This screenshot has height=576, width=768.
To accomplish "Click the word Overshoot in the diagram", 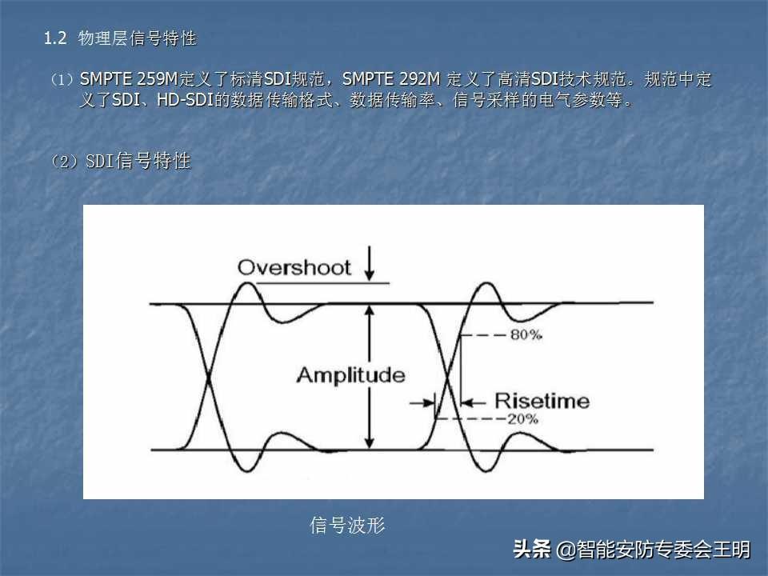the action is [x=294, y=267].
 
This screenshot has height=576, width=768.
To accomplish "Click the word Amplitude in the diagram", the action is [x=350, y=375].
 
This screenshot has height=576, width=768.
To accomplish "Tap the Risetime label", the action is [x=542, y=401].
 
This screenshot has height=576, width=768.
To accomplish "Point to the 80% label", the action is [x=526, y=334].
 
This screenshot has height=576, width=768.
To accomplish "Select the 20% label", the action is [x=522, y=418].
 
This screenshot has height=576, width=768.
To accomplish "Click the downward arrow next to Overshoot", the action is [x=370, y=263].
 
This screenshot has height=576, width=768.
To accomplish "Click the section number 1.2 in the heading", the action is [x=55, y=38].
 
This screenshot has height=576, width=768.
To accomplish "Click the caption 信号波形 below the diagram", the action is [x=347, y=525].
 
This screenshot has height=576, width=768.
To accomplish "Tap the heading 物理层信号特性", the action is [x=137, y=38].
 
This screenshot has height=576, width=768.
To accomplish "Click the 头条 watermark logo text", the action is [x=532, y=549].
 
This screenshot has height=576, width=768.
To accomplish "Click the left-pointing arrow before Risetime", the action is [x=473, y=403].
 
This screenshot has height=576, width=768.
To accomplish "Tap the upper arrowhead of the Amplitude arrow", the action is [x=370, y=310].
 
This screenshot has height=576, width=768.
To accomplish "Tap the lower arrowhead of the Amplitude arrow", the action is [x=370, y=442].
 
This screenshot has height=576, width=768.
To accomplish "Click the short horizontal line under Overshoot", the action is [x=322, y=283].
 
